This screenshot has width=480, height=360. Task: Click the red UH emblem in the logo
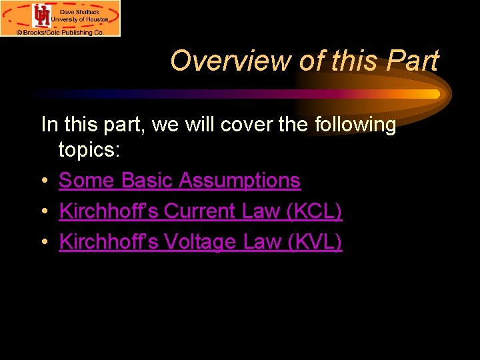point(42,15)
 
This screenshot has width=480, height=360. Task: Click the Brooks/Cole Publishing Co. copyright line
point(61,31)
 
